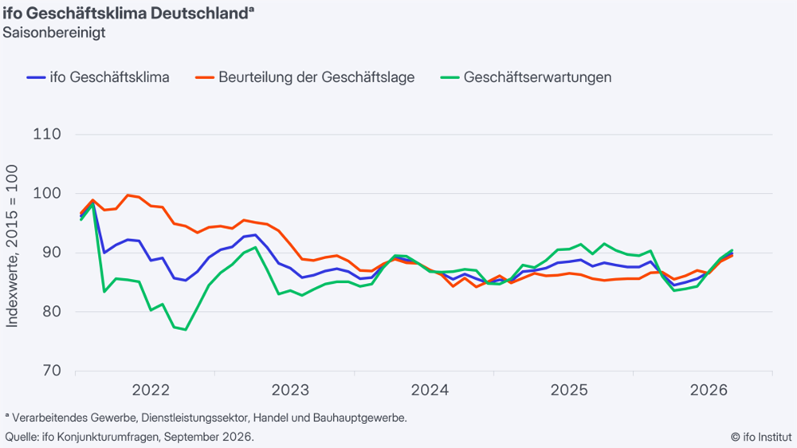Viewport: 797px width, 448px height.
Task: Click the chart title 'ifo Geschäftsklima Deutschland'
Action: (125, 14)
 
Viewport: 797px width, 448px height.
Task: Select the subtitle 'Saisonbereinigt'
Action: (54, 33)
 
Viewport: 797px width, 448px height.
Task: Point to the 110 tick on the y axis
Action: (47, 134)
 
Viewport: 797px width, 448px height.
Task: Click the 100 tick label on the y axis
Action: (47, 193)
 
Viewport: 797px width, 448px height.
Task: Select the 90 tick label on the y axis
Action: (50, 253)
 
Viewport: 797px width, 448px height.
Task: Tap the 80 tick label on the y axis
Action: (50, 311)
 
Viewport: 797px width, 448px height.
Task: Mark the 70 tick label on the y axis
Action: (50, 370)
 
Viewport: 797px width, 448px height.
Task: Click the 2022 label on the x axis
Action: (151, 390)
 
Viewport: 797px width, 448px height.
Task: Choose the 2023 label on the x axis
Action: (290, 390)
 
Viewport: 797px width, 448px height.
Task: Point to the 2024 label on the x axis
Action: (430, 390)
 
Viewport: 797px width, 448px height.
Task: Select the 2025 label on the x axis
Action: (569, 390)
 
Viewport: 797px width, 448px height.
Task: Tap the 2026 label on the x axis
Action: (709, 390)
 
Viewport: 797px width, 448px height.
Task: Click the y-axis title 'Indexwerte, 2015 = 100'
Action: (12, 246)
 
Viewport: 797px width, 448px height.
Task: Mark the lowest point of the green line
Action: (186, 329)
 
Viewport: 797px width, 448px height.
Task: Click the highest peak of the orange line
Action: (128, 195)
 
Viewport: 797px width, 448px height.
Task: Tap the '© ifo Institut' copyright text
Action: (761, 437)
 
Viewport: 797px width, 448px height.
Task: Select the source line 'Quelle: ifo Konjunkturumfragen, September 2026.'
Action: (130, 437)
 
